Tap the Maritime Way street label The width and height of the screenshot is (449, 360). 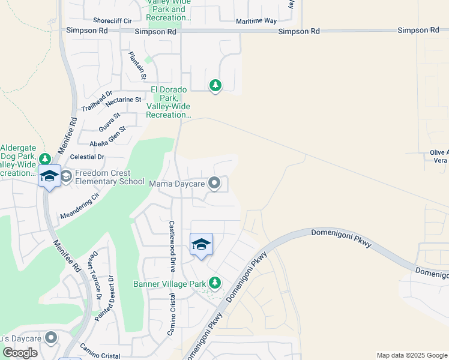(x=256, y=21)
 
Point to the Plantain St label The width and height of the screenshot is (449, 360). (x=137, y=65)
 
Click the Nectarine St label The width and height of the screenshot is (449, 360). (x=123, y=100)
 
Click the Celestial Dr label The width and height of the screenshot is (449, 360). (x=87, y=157)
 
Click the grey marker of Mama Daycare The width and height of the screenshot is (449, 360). (x=214, y=184)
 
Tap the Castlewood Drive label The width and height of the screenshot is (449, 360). (x=172, y=242)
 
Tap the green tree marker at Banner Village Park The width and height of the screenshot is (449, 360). (x=214, y=283)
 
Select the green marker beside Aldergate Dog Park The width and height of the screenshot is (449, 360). (x=45, y=159)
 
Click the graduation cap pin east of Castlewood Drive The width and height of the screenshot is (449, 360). (x=201, y=244)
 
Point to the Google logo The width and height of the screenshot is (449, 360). (x=20, y=353)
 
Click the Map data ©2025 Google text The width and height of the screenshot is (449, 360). (x=411, y=355)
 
